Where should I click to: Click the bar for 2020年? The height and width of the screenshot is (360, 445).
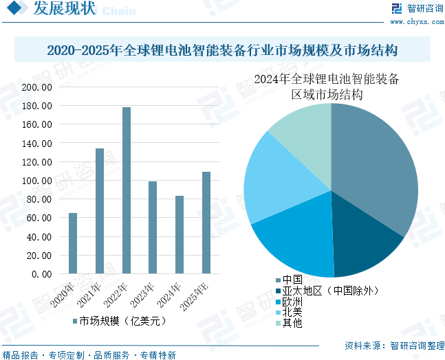tap(73, 243)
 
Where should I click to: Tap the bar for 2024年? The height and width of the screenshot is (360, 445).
tap(180, 234)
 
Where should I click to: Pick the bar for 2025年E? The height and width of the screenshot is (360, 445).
tap(206, 223)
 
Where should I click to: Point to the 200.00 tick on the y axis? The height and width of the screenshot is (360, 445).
tap(37, 88)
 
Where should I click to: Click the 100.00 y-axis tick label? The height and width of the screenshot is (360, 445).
tap(37, 181)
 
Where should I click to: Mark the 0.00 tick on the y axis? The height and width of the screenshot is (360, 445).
tap(41, 274)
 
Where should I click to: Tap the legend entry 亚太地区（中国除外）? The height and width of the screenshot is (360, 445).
tap(327, 291)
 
